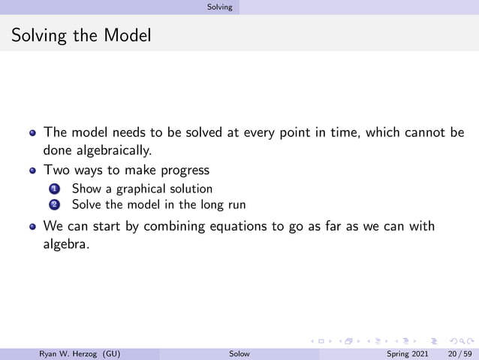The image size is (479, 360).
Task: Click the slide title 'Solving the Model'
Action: coord(81,35)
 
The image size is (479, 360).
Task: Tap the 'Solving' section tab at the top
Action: coord(220,7)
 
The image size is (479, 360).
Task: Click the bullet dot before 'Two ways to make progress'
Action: coord(32,171)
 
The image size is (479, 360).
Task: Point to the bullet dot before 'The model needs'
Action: coord(32,133)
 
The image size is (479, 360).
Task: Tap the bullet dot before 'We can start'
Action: coord(32,227)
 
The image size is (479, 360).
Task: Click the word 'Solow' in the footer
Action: coord(239,353)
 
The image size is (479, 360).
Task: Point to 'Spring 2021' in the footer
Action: coord(408,353)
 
